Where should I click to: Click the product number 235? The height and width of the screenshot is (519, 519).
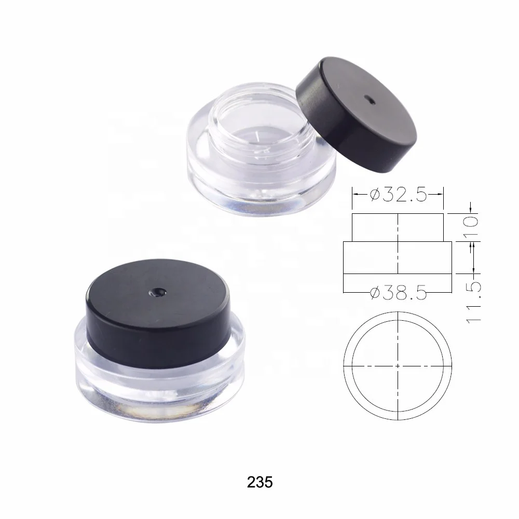point(259,482)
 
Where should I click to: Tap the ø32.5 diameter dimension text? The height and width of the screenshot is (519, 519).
point(398,195)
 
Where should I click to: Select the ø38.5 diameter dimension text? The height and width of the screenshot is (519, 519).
point(398,294)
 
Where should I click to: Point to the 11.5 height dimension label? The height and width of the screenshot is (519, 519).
point(473,303)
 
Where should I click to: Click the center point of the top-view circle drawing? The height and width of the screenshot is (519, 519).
point(398,365)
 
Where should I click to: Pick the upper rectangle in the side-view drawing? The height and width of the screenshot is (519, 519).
point(398,227)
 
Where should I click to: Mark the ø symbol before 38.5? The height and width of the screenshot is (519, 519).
point(376,294)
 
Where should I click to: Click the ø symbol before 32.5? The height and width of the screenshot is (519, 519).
point(375,195)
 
